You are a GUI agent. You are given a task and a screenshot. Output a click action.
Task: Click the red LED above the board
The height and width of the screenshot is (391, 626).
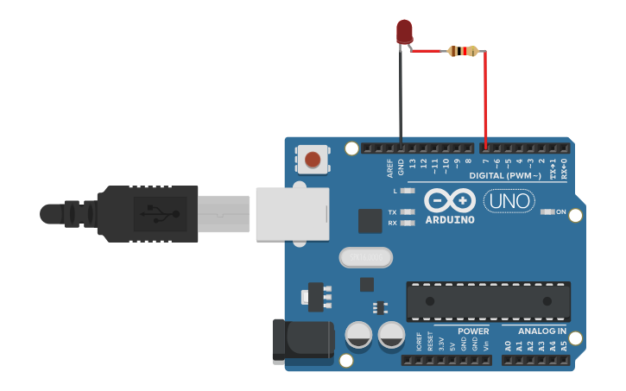pyautogui.click(x=404, y=31)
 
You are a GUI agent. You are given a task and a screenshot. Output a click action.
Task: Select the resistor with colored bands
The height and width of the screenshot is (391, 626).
pyautogui.click(x=463, y=52)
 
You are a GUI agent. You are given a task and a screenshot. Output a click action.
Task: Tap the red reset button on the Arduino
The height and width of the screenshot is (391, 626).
pyautogui.click(x=313, y=160)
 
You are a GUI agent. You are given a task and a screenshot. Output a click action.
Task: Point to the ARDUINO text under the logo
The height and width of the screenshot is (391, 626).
pyautogui.click(x=450, y=219)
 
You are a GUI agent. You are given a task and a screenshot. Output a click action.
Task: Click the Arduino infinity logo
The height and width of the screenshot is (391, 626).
pyautogui.click(x=450, y=201)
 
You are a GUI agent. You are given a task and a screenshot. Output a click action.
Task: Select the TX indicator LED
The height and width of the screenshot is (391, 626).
pyautogui.click(x=408, y=211)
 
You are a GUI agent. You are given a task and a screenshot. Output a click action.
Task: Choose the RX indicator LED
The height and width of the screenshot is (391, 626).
pyautogui.click(x=408, y=223)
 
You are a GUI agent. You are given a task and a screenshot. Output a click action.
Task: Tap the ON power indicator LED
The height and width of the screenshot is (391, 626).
pyautogui.click(x=547, y=211)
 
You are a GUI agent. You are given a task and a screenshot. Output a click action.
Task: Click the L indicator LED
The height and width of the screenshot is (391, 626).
pyautogui.click(x=408, y=191)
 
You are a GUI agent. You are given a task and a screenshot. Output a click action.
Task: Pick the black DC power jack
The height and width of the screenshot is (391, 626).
pyautogui.click(x=302, y=339)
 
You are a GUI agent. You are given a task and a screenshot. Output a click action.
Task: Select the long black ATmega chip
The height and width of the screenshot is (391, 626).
pyautogui.click(x=488, y=300)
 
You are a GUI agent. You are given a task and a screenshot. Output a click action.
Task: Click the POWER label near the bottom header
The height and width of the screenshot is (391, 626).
pyautogui.click(x=473, y=331)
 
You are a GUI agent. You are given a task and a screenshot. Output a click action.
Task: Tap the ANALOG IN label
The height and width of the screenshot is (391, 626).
pyautogui.click(x=542, y=331)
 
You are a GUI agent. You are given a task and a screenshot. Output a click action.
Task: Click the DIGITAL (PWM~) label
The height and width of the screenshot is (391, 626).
pyautogui.click(x=506, y=175)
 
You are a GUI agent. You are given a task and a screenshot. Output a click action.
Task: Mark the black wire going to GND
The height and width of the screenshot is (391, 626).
pyautogui.click(x=401, y=95)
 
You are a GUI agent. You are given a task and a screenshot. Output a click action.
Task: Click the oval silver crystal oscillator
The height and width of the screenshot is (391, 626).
pyautogui.click(x=366, y=257)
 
